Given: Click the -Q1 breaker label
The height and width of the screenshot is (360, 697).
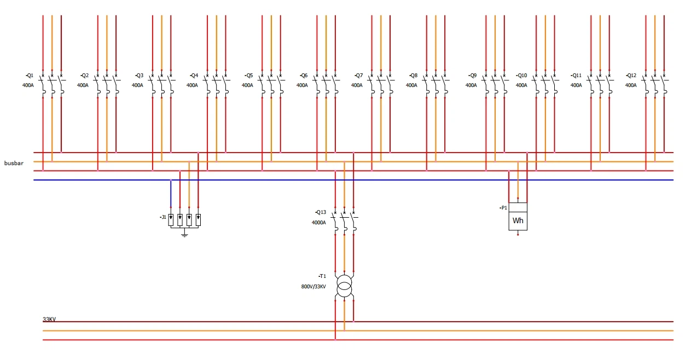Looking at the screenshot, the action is coord(30,76).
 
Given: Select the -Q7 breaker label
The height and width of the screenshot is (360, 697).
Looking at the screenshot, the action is coord(358,76).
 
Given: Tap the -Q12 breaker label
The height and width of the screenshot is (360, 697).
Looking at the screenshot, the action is coord(631,76).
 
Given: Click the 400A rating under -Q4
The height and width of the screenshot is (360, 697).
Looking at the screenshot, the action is coord(192,85).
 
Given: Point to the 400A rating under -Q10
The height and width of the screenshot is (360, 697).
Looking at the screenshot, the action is coord(521,85).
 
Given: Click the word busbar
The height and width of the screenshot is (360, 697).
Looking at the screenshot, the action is coord(14,163).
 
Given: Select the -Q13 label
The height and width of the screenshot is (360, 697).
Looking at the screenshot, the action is coord(321,212).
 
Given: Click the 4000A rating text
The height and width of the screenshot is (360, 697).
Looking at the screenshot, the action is coord(319,223).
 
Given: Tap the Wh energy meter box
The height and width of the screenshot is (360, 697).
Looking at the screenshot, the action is coord(518,217).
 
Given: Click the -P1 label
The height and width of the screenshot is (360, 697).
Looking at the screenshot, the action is coord(503,208).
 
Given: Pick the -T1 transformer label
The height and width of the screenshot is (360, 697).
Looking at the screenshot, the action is coord(322,276).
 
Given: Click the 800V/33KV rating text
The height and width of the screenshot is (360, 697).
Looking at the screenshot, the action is coord(313,287).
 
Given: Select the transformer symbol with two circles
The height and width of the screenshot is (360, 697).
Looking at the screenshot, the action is coord(344,286).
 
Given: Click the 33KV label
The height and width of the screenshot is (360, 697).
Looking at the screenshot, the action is coord(49,319).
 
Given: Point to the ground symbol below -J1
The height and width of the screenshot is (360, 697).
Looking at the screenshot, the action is coord(184,235).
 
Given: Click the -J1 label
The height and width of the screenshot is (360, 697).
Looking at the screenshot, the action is coord(163,217).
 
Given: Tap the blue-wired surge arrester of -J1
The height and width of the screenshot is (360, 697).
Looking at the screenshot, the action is coord(171,220).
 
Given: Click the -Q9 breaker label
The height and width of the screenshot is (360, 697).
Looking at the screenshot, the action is coord(472,76).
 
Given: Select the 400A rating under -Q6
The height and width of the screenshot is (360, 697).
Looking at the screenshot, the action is coord(302,85).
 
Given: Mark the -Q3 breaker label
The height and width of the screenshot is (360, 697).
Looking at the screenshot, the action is coord(139,76).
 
